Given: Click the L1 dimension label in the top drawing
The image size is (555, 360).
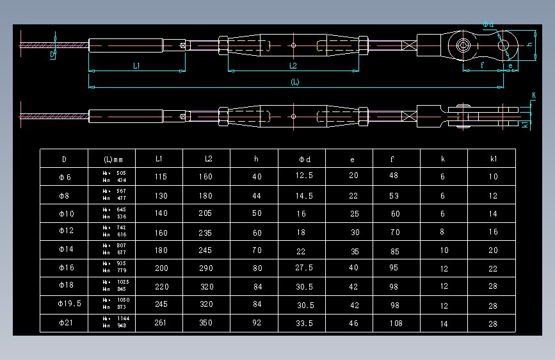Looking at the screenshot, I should pos(137,65).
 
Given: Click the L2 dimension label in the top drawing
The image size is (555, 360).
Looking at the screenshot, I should pos(293,65).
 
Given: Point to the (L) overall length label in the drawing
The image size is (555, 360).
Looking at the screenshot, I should pos(295,82).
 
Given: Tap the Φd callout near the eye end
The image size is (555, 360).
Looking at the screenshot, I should pos(488,24).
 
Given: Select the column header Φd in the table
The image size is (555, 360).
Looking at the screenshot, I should pos(304,159).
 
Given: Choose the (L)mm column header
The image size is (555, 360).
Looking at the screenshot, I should pos(113,159).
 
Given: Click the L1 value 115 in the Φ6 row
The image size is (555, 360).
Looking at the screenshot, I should pos(160,177).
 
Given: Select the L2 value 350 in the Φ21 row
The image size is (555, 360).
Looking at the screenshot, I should pos(205,323).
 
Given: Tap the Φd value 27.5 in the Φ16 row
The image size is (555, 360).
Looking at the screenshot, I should pos(304,268).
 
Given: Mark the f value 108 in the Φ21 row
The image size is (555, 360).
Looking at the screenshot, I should pos(396,323).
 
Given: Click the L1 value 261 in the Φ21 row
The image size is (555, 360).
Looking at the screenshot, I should pos(160,323).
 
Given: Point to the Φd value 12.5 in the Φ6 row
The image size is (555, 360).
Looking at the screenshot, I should pos(304,176).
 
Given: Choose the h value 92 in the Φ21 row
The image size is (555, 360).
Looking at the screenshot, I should pos(257,323).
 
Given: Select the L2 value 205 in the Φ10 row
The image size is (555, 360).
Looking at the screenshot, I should pos(205,214).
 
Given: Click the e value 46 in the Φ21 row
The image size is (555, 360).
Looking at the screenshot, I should pos(353,323).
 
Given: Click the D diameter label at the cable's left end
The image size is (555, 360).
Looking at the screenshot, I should pos(52,55).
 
